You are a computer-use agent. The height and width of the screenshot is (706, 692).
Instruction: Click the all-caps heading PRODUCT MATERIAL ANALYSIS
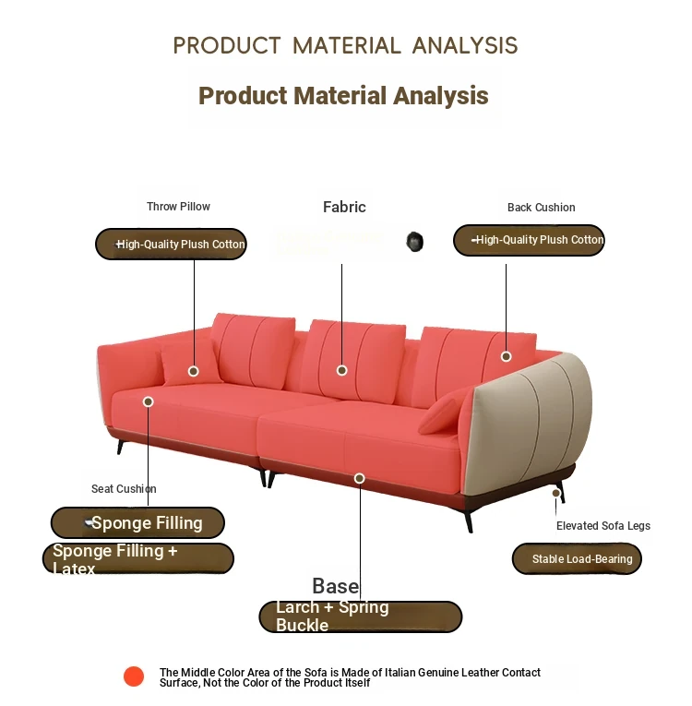coord(345,45)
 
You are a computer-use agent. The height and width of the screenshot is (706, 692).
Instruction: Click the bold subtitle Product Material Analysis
coord(343,95)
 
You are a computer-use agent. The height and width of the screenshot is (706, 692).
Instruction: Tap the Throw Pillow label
coord(178,207)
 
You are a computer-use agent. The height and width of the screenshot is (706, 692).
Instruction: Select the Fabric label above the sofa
coord(344,207)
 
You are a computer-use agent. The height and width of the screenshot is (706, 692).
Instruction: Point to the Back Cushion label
coord(542,208)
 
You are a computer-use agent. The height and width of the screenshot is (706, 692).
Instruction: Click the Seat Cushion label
coord(124,489)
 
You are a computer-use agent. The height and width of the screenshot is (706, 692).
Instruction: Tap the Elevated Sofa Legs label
coord(603,526)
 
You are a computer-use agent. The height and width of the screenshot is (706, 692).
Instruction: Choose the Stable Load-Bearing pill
coord(577,558)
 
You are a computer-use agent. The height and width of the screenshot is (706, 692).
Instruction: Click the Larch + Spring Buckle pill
coord(361,616)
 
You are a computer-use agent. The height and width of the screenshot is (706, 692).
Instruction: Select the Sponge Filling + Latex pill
coord(138,558)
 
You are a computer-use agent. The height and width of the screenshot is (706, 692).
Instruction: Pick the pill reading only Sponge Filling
coord(137,522)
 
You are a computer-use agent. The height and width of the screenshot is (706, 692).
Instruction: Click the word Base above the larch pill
coord(336,586)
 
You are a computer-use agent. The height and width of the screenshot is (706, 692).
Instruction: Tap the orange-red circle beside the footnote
coord(134,676)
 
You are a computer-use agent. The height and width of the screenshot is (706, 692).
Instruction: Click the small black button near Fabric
coord(414,242)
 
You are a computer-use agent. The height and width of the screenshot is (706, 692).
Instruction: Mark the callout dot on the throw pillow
coord(194,371)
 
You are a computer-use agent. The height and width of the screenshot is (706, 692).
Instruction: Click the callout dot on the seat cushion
coord(149,401)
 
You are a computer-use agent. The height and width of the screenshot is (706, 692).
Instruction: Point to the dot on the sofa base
coord(359,478)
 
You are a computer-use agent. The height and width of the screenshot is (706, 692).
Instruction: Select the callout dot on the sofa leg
coord(556,493)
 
